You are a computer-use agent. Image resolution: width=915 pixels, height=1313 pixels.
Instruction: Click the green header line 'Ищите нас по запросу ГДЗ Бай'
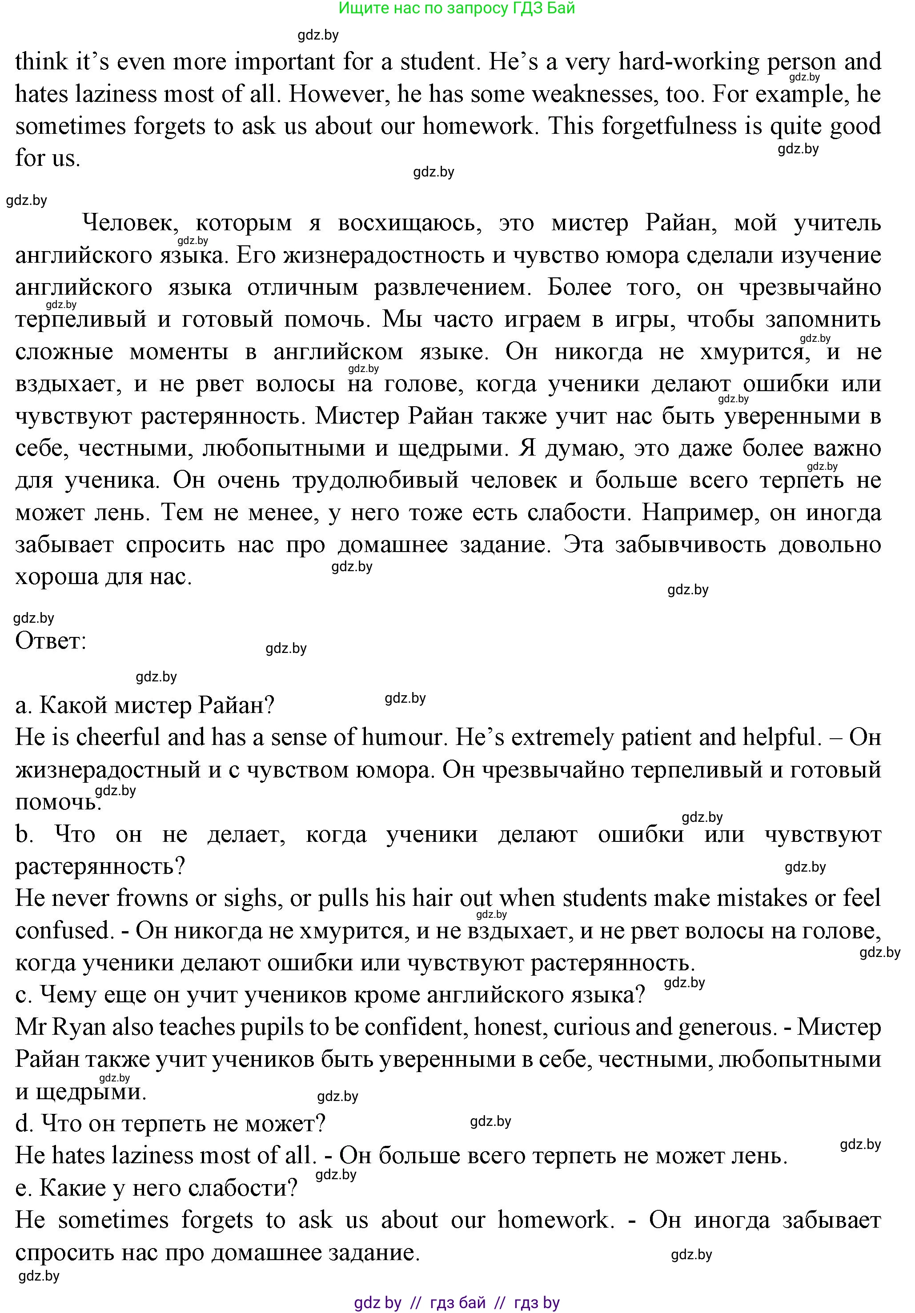456,8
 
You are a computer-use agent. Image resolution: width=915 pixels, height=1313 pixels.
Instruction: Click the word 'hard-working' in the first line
689,62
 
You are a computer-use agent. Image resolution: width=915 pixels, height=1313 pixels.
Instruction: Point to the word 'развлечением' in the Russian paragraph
452,287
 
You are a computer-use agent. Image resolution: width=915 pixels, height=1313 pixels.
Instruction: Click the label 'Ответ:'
50,641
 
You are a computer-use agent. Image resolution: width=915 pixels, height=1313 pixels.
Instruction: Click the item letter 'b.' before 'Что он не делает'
24,834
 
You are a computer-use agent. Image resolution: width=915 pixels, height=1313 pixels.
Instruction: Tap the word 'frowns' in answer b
152,898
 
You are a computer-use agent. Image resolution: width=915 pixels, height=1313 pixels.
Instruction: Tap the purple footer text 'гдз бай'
457,1303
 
